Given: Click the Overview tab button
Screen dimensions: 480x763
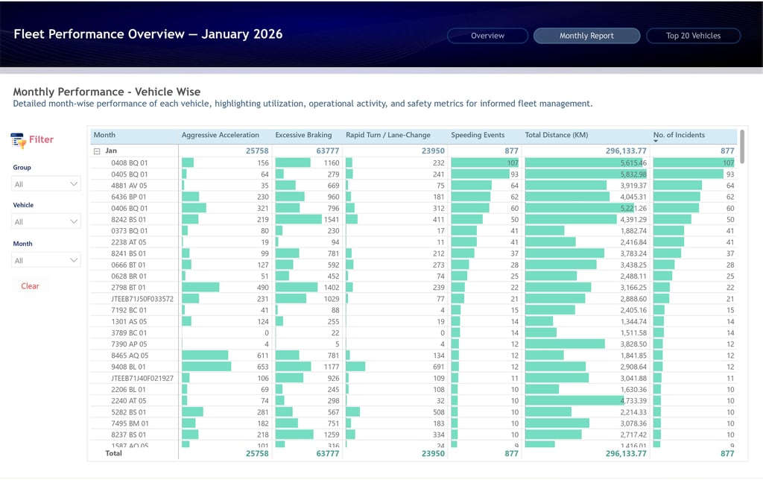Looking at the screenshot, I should (x=487, y=36).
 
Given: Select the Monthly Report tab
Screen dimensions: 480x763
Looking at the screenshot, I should (x=586, y=36).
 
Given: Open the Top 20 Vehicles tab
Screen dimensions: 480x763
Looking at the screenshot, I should (x=693, y=36).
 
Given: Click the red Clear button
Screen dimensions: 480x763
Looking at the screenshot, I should (x=30, y=286).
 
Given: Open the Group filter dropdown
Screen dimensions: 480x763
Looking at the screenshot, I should (x=46, y=184).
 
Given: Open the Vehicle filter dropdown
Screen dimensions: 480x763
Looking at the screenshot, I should (x=46, y=221).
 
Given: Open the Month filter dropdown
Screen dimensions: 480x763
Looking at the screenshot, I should (x=46, y=260).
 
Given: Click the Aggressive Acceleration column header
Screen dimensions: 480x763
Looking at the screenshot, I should (x=221, y=135).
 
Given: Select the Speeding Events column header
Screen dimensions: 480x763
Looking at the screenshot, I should (x=478, y=135).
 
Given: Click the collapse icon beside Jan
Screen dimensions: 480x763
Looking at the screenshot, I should (x=97, y=151).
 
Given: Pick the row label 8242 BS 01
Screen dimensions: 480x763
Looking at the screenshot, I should (x=129, y=220).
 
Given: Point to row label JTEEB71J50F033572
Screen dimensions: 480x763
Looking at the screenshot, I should (x=142, y=299).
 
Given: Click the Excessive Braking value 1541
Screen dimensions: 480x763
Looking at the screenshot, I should (x=332, y=220).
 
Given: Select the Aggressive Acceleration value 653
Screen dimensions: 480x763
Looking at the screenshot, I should (x=260, y=367).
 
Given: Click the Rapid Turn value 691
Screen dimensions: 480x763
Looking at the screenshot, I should (x=437, y=367).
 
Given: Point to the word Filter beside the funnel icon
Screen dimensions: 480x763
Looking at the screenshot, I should (x=41, y=139).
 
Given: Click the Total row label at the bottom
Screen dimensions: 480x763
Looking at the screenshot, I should (x=113, y=452).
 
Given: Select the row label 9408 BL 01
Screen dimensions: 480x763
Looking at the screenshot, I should (x=129, y=367).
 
